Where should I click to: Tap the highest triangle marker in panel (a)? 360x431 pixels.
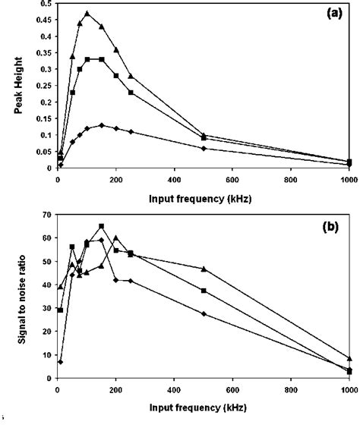[x=87, y=14]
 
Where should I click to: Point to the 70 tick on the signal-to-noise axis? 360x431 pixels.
[x=45, y=215]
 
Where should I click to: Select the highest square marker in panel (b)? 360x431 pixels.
[x=102, y=226]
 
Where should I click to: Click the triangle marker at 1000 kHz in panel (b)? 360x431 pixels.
[x=349, y=358]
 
